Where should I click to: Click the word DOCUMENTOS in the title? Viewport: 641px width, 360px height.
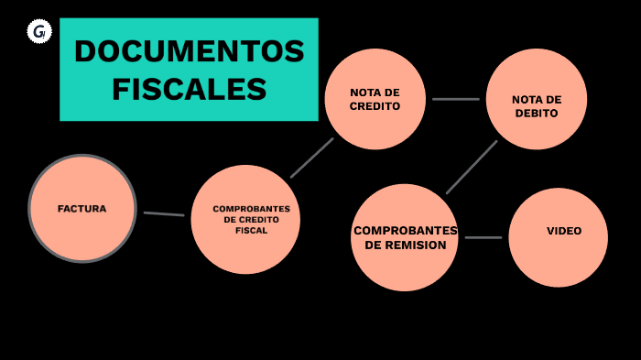click(189, 51)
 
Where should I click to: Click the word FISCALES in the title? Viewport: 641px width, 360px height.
click(189, 90)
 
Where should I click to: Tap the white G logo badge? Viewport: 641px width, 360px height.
click(39, 32)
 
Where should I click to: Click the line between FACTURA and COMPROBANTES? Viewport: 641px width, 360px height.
click(164, 214)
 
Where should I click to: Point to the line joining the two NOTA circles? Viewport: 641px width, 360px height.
click(455, 99)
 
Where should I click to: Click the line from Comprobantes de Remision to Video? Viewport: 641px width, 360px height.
click(483, 238)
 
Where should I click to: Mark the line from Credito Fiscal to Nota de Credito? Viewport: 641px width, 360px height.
click(312, 158)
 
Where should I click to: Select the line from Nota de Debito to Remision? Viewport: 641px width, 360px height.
click(472, 167)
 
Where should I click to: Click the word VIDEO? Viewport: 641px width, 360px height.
click(564, 231)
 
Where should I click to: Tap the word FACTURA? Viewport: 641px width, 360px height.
click(81, 209)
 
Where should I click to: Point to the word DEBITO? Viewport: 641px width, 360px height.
click(536, 114)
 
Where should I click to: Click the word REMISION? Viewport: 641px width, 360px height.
click(406, 245)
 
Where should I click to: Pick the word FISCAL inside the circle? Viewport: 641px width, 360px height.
click(251, 231)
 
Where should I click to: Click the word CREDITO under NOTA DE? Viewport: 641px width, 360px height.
click(375, 106)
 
